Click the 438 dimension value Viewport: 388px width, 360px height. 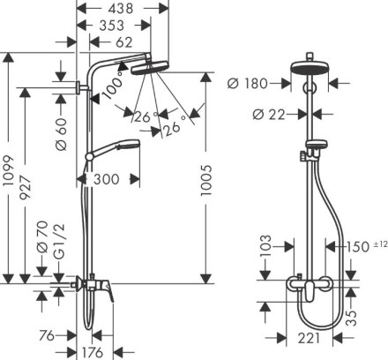pos(121,9)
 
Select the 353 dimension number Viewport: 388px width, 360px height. pos(112,26)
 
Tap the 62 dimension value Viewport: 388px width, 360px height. pos(124,42)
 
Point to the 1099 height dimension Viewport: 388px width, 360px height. pos(9,170)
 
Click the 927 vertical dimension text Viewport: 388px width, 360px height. pos(25,188)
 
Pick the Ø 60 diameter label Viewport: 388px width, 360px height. pos(61,135)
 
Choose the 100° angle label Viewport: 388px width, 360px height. pos(113,85)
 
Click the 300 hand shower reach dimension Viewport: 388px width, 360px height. pos(106,179)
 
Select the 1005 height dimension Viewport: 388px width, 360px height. pos(205,180)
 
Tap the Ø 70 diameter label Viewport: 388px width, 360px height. pos(42,236)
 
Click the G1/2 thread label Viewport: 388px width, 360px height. pos(59,242)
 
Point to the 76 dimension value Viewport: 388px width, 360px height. pos(47,335)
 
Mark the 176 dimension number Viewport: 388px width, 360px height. pos(93,352)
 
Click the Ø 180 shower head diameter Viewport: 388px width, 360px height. pos(248,84)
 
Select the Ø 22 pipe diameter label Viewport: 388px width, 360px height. pos(269,115)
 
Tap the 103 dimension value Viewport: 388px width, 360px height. pos(266,246)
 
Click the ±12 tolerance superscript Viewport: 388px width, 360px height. pos(381,244)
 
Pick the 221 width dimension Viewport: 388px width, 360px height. pos(309,338)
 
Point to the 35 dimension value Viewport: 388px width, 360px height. pos(351,318)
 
